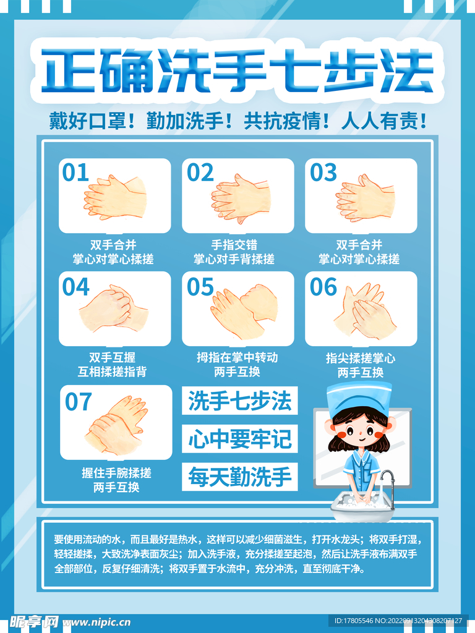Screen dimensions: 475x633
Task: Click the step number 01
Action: tap(75, 172)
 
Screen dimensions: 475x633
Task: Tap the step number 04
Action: tap(75, 287)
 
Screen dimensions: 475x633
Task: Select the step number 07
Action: tap(79, 402)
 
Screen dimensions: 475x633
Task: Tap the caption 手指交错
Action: tap(234, 245)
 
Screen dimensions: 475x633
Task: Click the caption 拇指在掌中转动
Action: tap(237, 357)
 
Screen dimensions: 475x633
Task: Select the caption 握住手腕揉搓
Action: tap(116, 473)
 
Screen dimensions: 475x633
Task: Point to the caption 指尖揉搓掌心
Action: tap(361, 358)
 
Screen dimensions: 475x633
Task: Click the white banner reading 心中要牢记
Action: tap(239, 439)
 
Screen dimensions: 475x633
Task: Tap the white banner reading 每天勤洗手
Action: tap(239, 477)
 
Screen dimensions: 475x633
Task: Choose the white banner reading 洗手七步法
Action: tap(239, 401)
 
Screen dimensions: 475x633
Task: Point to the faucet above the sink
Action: tap(386, 480)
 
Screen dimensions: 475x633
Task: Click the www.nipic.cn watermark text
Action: tap(96, 622)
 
